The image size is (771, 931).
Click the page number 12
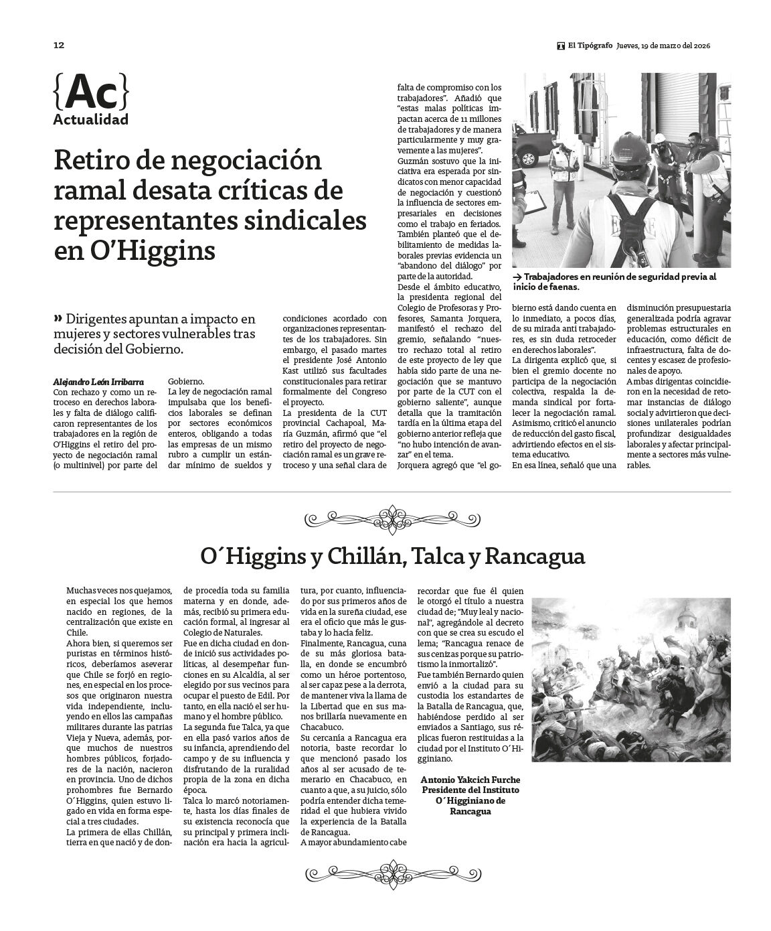click(58, 46)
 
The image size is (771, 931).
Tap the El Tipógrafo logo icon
click(560, 46)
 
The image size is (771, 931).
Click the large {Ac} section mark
click(90, 92)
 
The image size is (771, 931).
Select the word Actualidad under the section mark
click(90, 121)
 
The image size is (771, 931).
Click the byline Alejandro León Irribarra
click(98, 381)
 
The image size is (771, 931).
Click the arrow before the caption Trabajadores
click(517, 277)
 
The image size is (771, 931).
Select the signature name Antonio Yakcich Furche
click(470, 781)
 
